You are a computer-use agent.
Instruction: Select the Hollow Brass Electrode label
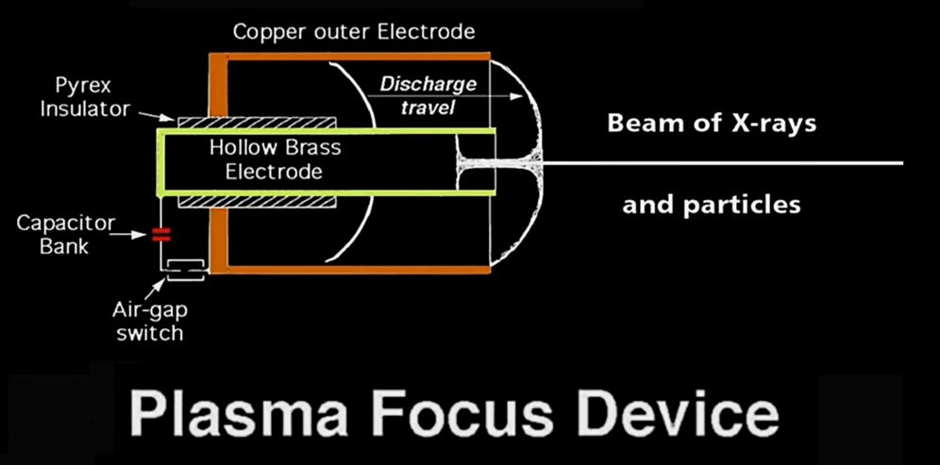[x=275, y=160]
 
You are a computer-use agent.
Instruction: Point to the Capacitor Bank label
[x=67, y=235]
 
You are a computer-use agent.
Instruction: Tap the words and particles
[x=711, y=204]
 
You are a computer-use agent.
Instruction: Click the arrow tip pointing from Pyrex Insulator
[x=170, y=120]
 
